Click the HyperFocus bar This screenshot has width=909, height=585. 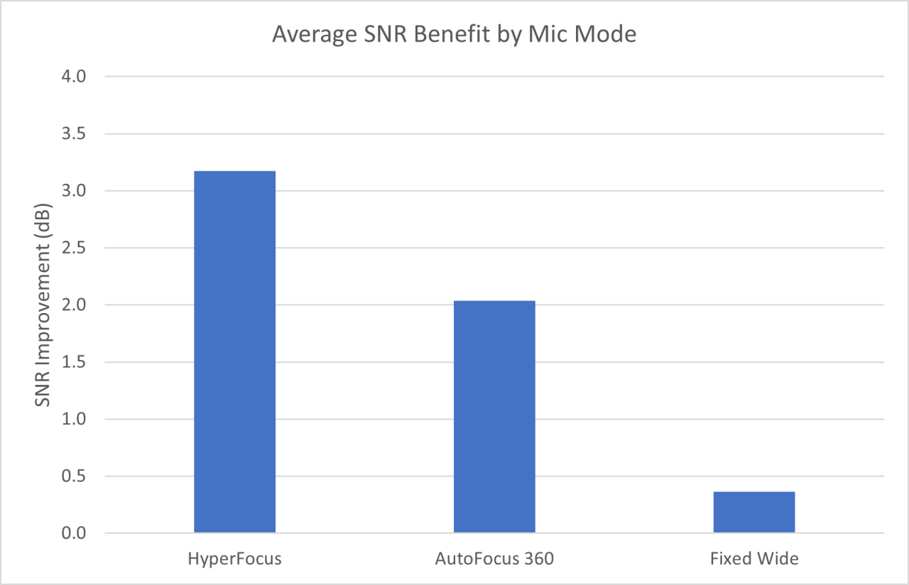[x=234, y=351]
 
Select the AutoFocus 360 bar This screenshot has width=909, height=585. [x=494, y=417]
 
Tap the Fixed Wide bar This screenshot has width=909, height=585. [x=753, y=512]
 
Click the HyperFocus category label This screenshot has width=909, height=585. [x=234, y=559]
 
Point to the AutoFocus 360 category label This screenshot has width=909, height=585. [x=494, y=559]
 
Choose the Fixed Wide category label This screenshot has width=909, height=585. [x=753, y=559]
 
